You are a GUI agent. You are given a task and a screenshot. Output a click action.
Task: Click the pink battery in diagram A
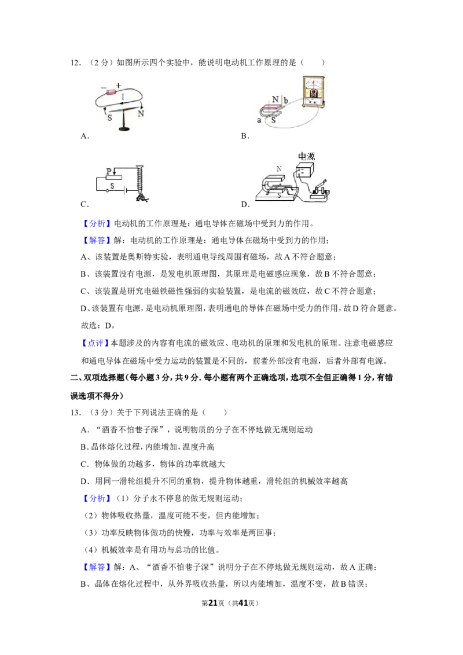(112, 93)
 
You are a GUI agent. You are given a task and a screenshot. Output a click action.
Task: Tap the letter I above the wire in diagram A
(123, 97)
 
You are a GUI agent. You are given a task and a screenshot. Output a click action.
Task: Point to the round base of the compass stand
(124, 128)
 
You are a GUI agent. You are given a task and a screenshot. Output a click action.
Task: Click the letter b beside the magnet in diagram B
(286, 100)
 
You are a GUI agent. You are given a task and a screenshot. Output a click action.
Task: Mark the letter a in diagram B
(259, 120)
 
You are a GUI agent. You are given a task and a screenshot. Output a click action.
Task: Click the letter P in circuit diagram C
(109, 171)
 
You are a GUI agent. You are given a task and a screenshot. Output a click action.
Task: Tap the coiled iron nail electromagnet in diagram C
(141, 184)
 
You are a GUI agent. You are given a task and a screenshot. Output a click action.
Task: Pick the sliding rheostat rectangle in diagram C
(113, 177)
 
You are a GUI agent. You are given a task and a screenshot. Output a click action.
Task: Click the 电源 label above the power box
(306, 157)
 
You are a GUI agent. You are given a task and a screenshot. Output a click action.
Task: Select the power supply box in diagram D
(304, 171)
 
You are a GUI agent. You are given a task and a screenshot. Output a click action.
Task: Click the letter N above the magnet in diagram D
(279, 169)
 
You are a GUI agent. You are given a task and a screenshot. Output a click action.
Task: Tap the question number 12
(76, 63)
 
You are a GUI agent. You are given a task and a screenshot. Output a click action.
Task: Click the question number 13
(76, 413)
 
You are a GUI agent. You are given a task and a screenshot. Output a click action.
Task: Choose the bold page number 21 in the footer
(213, 603)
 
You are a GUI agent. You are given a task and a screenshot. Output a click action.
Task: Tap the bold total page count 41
(242, 603)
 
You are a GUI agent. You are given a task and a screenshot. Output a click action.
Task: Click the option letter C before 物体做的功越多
(83, 464)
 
